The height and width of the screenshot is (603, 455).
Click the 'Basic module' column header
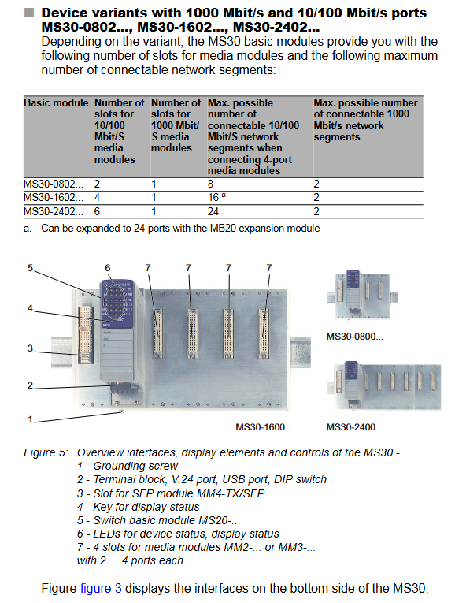[x=56, y=103]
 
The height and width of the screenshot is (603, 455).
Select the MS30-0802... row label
[x=54, y=184]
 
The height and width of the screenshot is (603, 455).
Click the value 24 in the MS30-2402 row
[x=213, y=211]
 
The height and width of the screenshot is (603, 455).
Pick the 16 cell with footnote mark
[x=217, y=198]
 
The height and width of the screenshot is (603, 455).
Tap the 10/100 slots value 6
[x=97, y=211]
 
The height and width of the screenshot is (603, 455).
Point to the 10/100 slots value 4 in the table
[x=97, y=198]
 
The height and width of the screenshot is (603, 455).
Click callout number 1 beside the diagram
[x=30, y=419]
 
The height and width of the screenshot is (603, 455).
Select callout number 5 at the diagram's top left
[x=30, y=268]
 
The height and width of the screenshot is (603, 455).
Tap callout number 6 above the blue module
[x=108, y=268]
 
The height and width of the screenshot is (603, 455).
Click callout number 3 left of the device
[x=30, y=348]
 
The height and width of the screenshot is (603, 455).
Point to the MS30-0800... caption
[x=355, y=337]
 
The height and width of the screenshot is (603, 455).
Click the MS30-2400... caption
[x=355, y=427]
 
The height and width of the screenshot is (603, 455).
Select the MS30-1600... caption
[x=264, y=427]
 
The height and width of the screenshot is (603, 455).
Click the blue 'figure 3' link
[x=101, y=588]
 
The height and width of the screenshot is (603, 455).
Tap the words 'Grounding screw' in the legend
[x=135, y=466]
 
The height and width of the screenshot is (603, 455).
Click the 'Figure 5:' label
[x=46, y=452]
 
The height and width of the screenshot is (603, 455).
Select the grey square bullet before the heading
[x=29, y=13]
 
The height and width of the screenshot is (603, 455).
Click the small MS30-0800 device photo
[x=362, y=296]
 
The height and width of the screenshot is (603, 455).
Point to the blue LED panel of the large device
[x=117, y=303]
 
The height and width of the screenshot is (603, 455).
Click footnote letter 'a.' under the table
[x=28, y=229]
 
